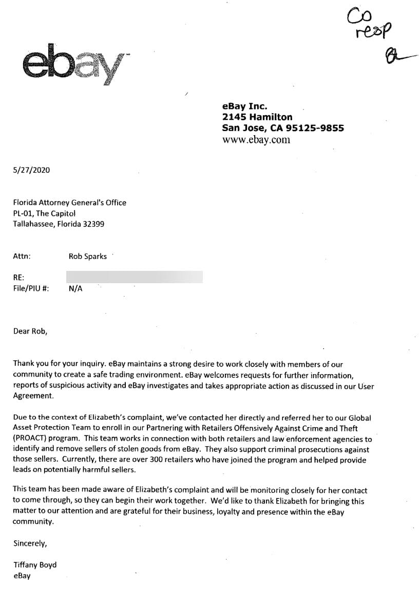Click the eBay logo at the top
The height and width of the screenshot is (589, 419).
point(75,64)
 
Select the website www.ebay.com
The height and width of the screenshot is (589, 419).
point(256,140)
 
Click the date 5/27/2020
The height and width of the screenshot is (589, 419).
point(32,170)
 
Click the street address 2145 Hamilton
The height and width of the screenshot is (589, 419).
point(257,117)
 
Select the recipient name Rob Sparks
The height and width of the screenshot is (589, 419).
point(88,256)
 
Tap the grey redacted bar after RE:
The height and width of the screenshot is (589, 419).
point(135,277)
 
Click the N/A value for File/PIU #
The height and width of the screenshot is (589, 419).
point(75,289)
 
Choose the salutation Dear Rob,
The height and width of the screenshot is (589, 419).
point(30,332)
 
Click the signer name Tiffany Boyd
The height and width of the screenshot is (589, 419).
point(35,565)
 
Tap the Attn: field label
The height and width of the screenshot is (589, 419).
point(22,256)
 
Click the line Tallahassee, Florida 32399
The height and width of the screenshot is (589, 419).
point(59,224)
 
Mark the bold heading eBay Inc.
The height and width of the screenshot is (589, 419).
point(244,106)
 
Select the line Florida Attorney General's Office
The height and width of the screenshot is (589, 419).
point(69,203)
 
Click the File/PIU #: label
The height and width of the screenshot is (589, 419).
point(31,289)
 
